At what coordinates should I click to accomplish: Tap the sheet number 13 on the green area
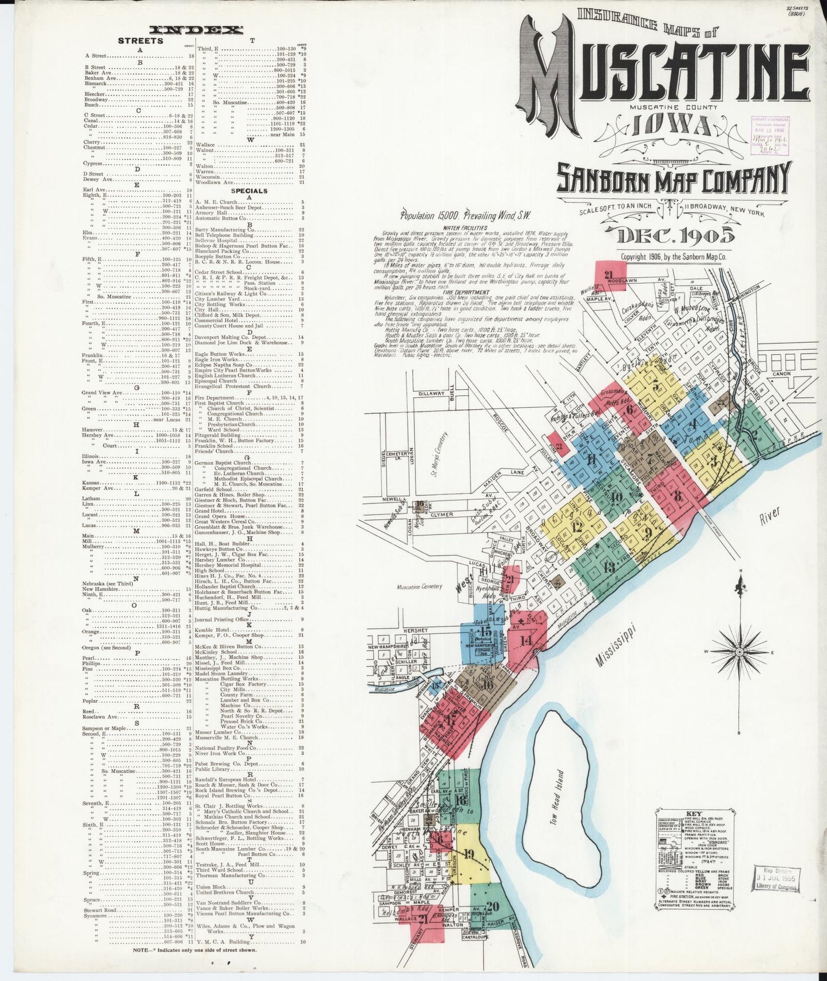(x=608, y=568)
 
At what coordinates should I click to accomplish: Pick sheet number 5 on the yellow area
(x=655, y=385)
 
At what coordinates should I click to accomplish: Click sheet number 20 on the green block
(x=493, y=921)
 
